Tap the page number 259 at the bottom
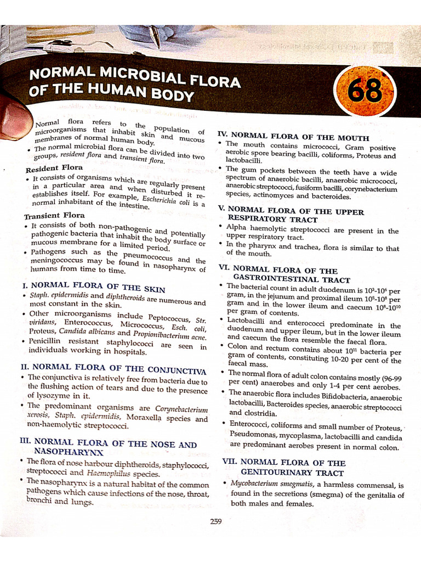[x=215, y=521]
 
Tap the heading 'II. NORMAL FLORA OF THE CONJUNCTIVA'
[x=113, y=367]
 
